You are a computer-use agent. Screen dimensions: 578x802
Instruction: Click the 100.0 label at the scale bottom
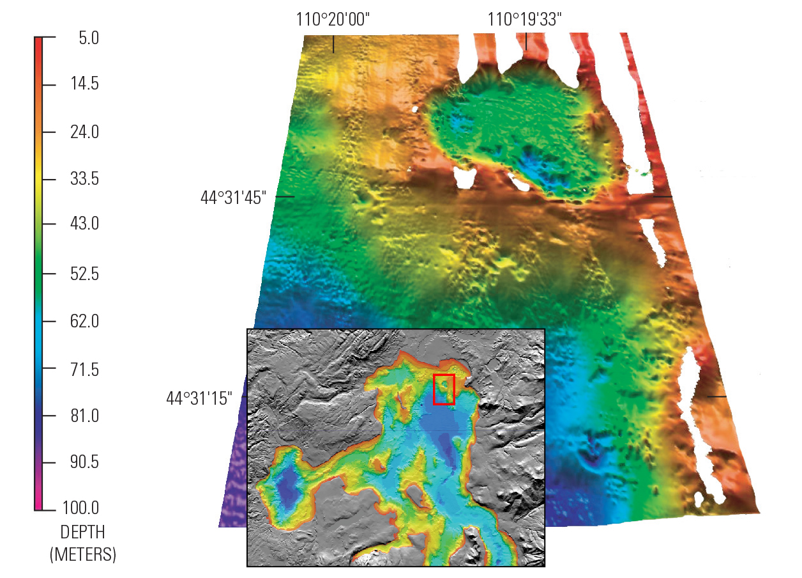(x=80, y=509)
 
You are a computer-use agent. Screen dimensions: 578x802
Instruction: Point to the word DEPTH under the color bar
(x=82, y=532)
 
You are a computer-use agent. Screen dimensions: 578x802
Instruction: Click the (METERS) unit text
(x=82, y=554)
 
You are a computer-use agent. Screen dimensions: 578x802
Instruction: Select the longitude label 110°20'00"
(x=333, y=20)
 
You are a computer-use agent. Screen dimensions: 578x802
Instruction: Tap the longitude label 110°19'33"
(x=525, y=20)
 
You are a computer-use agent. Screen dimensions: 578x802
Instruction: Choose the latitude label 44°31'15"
(x=199, y=398)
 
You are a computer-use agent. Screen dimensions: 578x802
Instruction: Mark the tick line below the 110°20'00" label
(x=333, y=43)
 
